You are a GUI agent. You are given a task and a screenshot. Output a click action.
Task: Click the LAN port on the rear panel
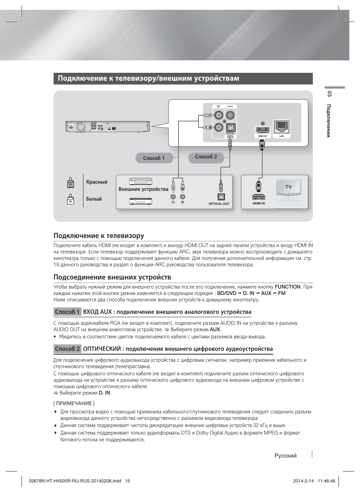(x=282, y=127)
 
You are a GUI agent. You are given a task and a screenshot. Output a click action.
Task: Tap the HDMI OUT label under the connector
(x=263, y=136)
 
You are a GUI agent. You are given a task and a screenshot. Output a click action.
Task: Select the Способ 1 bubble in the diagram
(x=154, y=158)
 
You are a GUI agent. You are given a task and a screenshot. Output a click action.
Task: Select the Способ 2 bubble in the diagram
(x=206, y=157)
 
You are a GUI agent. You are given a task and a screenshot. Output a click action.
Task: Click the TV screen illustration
(x=288, y=187)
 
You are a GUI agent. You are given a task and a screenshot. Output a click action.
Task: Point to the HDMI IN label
(x=258, y=203)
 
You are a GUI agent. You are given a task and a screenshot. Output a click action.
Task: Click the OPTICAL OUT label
(x=219, y=204)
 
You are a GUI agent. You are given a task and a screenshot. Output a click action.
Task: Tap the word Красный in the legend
(x=97, y=182)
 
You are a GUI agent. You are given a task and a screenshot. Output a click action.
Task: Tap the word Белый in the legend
(x=94, y=199)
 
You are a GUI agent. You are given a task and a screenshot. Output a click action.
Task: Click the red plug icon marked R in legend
(x=70, y=182)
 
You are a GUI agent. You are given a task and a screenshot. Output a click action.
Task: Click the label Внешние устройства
(x=143, y=189)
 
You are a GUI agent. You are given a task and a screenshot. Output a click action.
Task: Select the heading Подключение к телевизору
(x=99, y=236)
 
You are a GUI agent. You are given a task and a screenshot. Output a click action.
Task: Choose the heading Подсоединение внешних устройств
(x=112, y=277)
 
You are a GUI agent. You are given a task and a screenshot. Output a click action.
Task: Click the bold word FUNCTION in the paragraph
(x=288, y=287)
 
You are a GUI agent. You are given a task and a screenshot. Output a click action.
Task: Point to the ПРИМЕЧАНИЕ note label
(x=74, y=403)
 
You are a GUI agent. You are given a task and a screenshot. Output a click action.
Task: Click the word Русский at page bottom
(x=286, y=456)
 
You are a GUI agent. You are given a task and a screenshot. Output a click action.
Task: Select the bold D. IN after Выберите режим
(x=105, y=393)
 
